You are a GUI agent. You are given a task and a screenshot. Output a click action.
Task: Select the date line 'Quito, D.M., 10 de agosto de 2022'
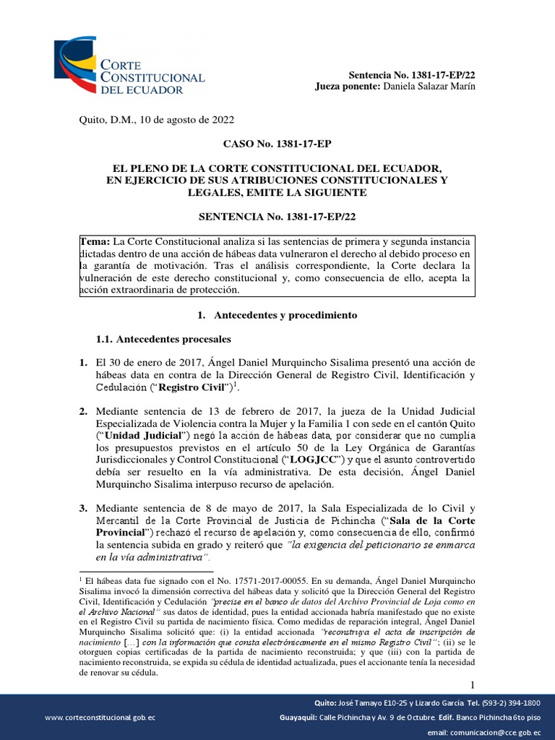pos(155,120)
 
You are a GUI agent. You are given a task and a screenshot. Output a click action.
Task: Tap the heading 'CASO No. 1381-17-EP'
pos(277,145)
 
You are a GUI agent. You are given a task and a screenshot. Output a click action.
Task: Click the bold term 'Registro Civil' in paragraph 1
pos(192,387)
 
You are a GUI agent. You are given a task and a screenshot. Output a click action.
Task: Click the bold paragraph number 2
pos(83,412)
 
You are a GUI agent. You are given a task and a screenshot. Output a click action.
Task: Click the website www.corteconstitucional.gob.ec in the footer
pos(100,717)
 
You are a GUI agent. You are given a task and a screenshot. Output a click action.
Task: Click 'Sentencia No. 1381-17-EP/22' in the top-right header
pos(412,75)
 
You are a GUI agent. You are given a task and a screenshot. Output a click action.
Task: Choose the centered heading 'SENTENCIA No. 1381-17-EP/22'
pos(277,216)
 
